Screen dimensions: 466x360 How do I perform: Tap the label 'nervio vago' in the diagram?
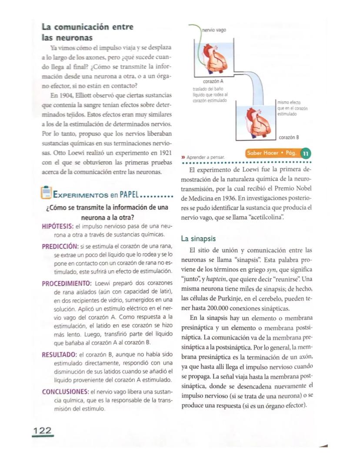(x=214, y=30)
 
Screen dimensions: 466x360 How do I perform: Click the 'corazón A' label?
(x=213, y=81)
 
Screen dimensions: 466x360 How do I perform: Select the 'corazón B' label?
(x=289, y=137)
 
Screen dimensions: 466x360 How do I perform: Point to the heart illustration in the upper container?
(x=213, y=57)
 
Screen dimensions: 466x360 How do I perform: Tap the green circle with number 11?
(x=306, y=154)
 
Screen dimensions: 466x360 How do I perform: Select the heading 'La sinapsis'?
(x=198, y=239)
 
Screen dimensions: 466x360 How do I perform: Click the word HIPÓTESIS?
(x=57, y=226)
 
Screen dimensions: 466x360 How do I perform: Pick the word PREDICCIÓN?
(x=60, y=246)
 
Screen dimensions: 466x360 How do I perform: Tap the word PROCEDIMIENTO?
(x=66, y=283)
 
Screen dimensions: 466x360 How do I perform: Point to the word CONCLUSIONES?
(x=64, y=391)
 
